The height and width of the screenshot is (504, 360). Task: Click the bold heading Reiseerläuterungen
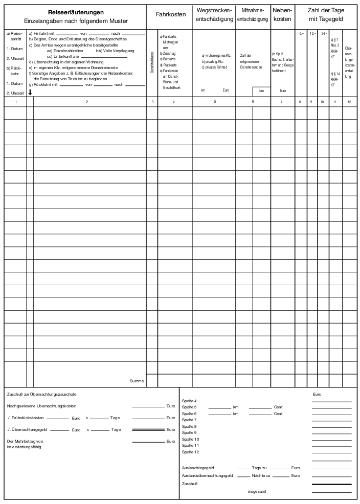75,12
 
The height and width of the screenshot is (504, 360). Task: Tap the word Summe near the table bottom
137,381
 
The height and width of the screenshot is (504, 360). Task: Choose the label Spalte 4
189,401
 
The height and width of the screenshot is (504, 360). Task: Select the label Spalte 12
190,452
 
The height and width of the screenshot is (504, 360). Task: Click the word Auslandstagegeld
198,468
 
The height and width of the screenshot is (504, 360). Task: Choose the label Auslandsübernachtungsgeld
207,475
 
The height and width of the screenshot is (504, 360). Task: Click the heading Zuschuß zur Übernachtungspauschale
42,394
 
